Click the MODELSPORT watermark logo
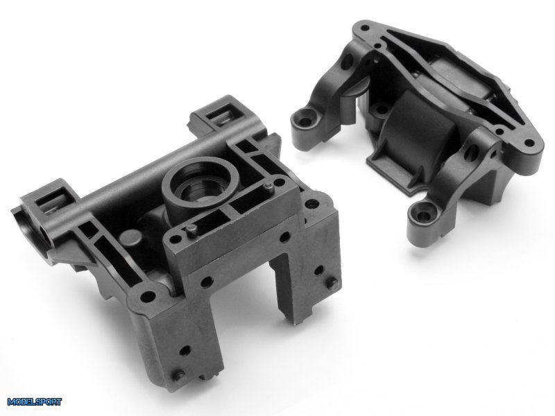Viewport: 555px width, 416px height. (34, 402)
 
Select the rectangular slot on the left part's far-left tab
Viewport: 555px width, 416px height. (53, 200)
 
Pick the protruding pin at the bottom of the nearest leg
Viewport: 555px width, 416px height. (178, 375)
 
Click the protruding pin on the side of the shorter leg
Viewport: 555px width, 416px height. (332, 284)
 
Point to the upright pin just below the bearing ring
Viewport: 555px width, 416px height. (191, 229)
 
